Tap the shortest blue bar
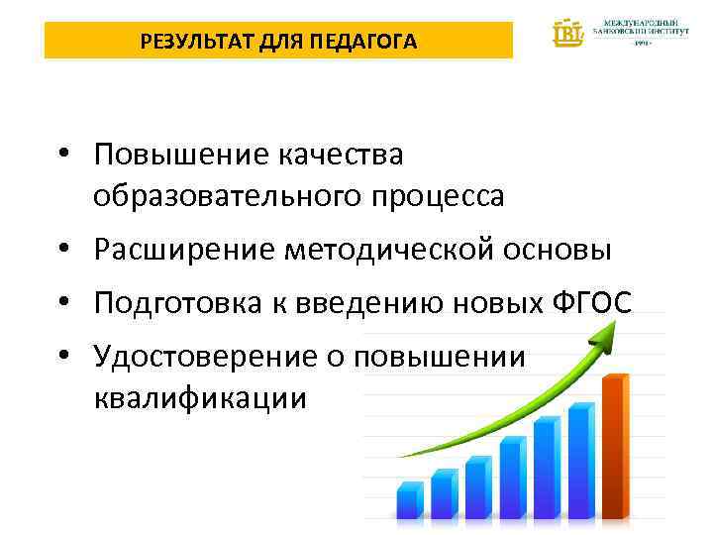click(410, 501)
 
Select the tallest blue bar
click(581, 460)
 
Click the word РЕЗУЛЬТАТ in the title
click(188, 42)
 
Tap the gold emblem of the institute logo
click(568, 32)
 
